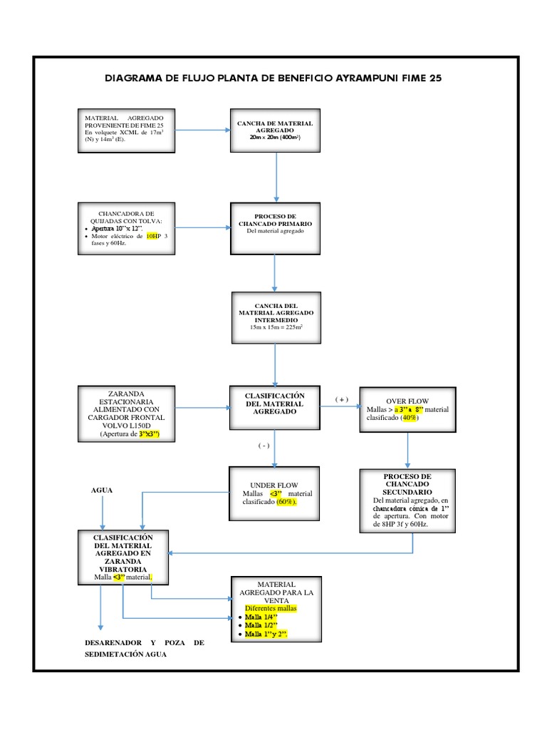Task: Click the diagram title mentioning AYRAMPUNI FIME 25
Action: [x=273, y=78]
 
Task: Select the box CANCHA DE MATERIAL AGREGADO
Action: [x=275, y=130]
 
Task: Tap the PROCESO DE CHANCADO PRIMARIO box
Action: [x=275, y=228]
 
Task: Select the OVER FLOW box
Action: [x=407, y=410]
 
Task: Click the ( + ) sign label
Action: [x=342, y=399]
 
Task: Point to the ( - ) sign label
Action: [x=264, y=446]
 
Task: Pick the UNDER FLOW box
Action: [x=275, y=493]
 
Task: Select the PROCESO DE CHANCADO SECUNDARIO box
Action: [x=407, y=500]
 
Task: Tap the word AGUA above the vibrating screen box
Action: [x=102, y=490]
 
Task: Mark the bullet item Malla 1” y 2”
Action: [x=268, y=634]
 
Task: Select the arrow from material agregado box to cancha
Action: [x=202, y=130]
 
